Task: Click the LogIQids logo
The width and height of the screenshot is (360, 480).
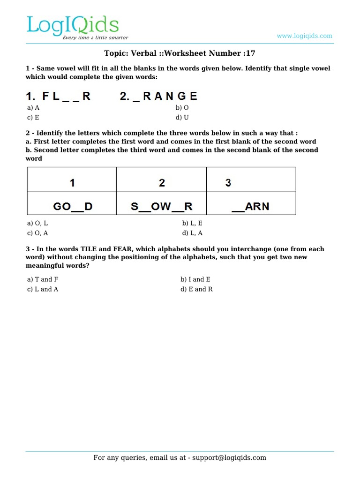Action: [73, 27]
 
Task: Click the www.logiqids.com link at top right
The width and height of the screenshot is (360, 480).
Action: [304, 36]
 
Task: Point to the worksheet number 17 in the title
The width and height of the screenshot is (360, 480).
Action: [251, 53]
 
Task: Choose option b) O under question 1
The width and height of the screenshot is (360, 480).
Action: [182, 107]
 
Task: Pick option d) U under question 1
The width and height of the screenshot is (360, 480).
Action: [182, 118]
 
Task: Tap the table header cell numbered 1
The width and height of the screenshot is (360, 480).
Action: [72, 183]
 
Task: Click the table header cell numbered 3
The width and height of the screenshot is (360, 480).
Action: [228, 183]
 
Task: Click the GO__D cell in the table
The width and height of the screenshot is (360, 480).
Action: [72, 206]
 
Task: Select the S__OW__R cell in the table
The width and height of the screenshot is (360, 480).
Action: [162, 206]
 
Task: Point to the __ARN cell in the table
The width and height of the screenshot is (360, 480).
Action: [250, 206]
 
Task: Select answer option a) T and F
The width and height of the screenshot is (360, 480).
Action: [43, 279]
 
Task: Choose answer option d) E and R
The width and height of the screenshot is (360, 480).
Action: [196, 289]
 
